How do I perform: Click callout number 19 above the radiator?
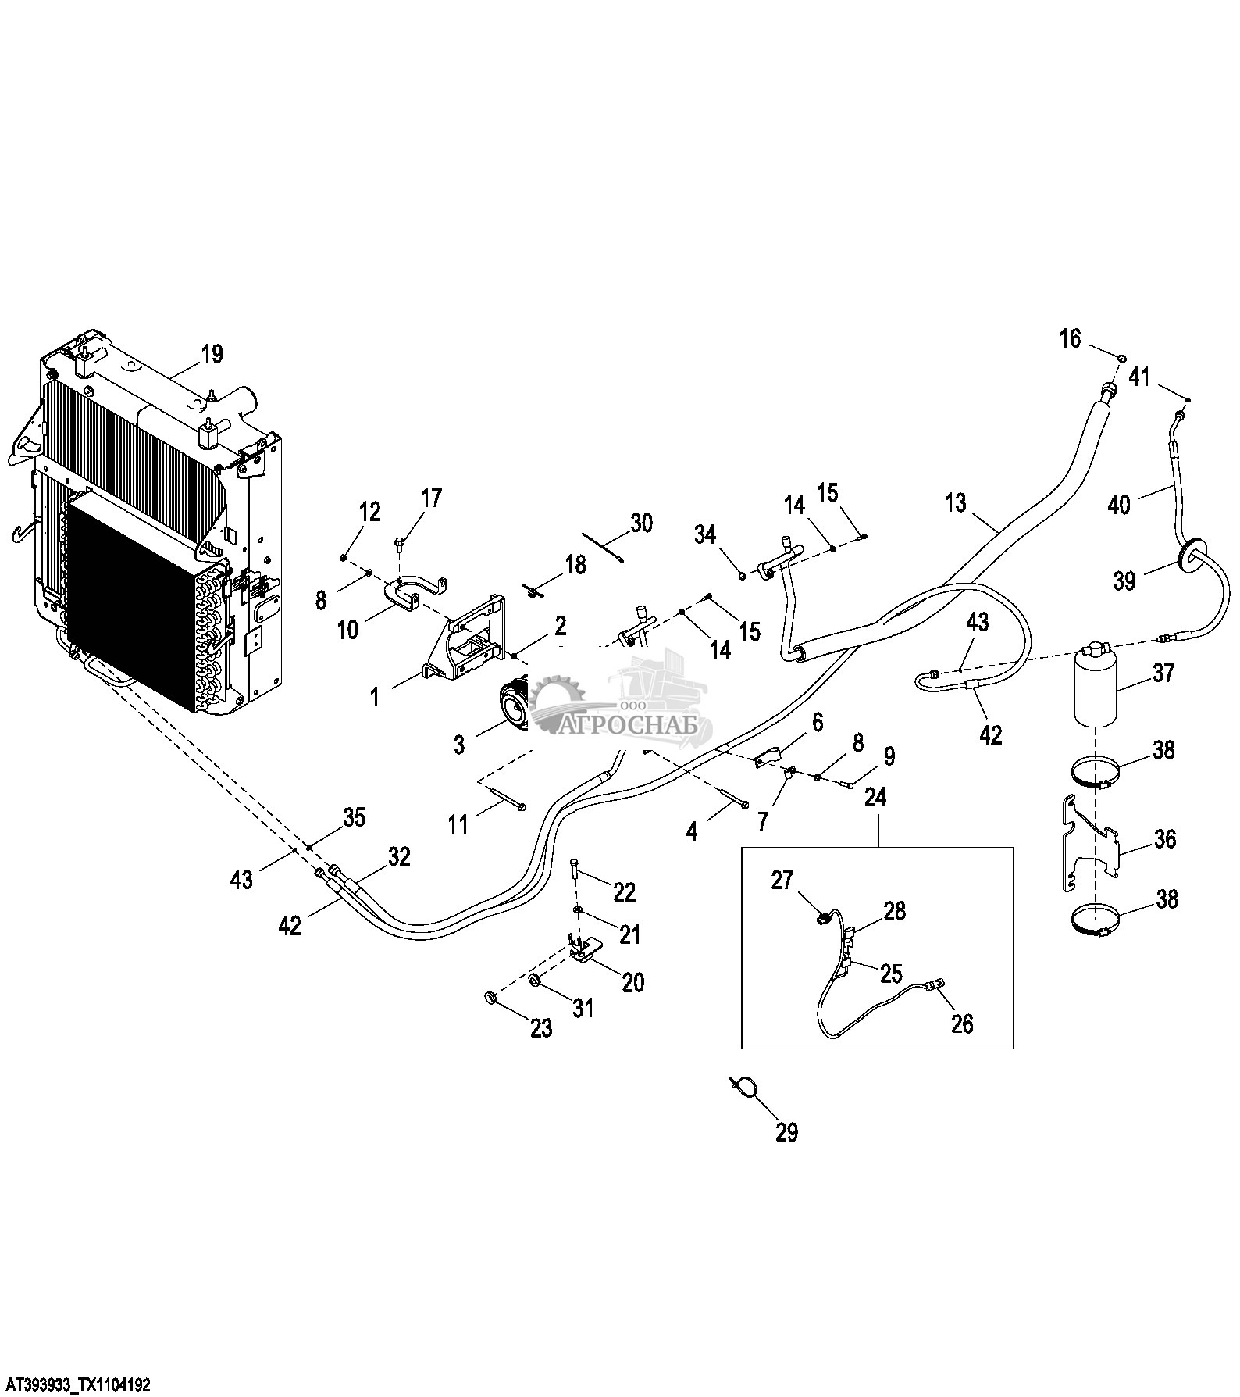[x=212, y=354]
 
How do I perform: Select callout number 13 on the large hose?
[x=956, y=502]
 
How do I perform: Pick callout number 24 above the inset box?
[x=877, y=798]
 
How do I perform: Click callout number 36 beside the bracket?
[x=1164, y=839]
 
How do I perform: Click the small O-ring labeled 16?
[x=1121, y=358]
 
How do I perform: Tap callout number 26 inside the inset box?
[x=963, y=1023]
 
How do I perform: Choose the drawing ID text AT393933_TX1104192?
[x=76, y=1384]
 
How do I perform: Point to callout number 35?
[x=355, y=818]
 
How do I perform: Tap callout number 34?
[x=705, y=535]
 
